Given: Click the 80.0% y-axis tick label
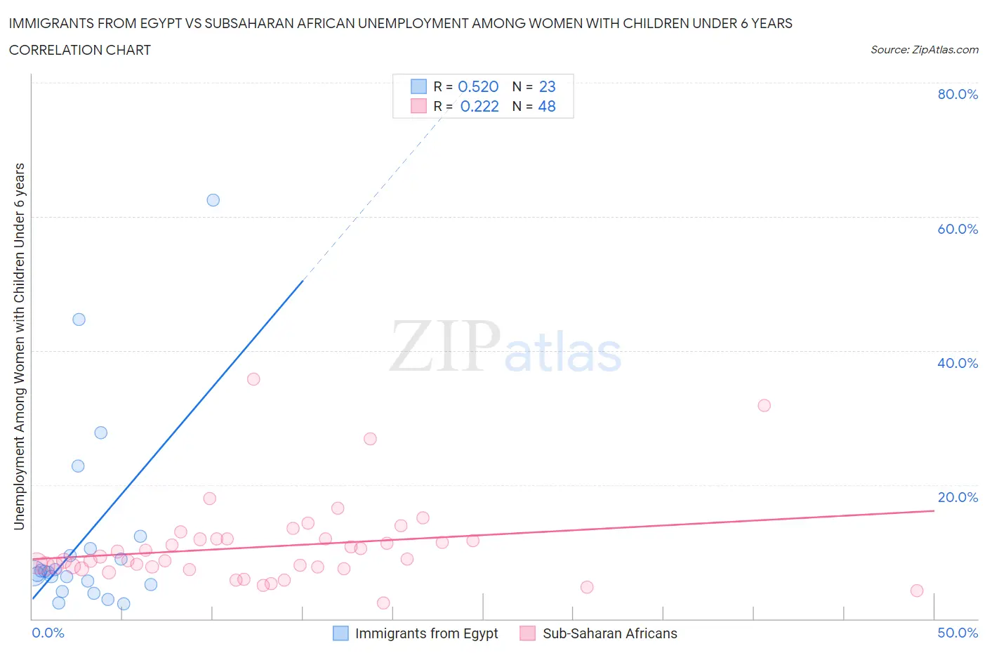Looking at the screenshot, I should (x=958, y=94).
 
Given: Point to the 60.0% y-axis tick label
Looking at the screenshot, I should (x=958, y=229).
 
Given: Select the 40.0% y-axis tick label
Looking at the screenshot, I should (x=958, y=363).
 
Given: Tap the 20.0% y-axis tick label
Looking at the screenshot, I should (x=958, y=497).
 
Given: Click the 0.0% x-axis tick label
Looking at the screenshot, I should (x=48, y=633).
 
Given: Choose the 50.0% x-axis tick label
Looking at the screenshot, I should (x=958, y=633).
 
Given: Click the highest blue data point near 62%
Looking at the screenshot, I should (x=213, y=200).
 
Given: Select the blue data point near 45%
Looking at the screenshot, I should (x=79, y=319).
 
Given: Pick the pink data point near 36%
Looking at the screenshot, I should (x=253, y=379).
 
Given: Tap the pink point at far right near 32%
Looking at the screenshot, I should (x=764, y=405).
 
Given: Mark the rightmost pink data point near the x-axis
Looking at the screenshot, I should (x=917, y=591).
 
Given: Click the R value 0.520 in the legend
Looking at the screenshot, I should (x=478, y=86).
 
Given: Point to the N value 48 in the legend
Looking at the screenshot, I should (x=547, y=106).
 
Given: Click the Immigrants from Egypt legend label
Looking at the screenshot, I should (x=426, y=633).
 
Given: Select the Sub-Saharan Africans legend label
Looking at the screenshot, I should (x=609, y=633).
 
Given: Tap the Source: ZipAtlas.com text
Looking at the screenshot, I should (x=924, y=50).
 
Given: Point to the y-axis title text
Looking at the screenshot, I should (x=19, y=346).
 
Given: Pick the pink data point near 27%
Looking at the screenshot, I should (x=370, y=439).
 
